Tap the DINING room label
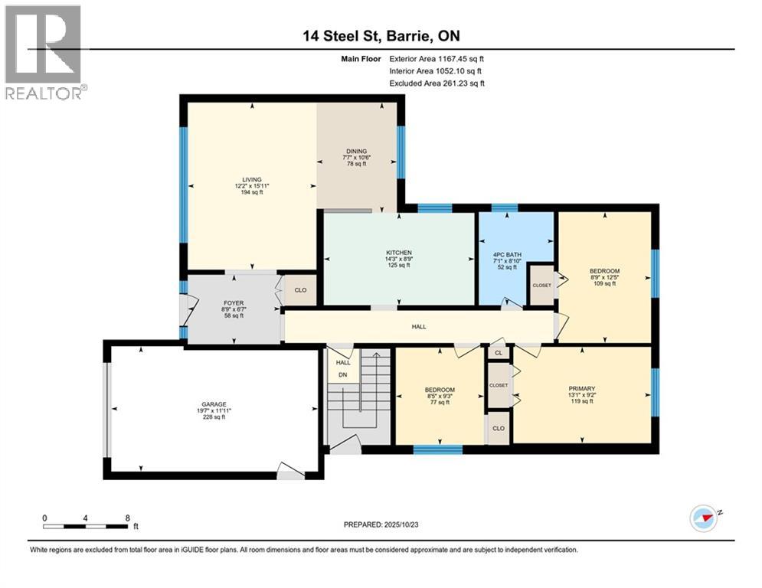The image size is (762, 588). (356, 152)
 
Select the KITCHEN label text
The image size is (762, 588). (399, 253)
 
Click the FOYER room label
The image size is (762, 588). (232, 303)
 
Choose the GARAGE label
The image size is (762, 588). (214, 404)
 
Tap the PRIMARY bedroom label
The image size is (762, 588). (582, 388)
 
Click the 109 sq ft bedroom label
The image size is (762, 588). (604, 272)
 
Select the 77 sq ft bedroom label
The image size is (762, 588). (440, 390)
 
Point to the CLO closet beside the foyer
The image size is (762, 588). (299, 291)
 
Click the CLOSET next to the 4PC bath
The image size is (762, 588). (541, 284)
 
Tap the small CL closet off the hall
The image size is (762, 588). (498, 354)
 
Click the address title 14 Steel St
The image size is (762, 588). (381, 35)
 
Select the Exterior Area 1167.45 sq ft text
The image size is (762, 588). (437, 58)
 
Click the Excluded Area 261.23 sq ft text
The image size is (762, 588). (437, 83)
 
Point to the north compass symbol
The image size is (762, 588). (704, 518)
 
